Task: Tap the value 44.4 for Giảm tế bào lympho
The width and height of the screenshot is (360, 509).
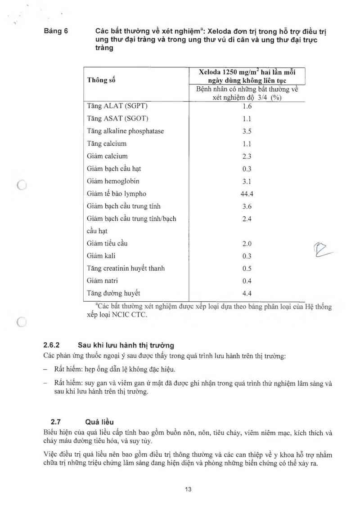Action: tap(247, 194)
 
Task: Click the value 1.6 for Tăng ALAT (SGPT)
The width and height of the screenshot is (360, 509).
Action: tap(247, 107)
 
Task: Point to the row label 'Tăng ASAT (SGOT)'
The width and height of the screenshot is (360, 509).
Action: tap(117, 119)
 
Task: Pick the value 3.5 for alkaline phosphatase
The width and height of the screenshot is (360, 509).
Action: tap(247, 131)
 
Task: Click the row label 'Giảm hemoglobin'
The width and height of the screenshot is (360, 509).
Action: tap(113, 181)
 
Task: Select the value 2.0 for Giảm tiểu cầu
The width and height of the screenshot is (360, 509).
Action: tap(247, 244)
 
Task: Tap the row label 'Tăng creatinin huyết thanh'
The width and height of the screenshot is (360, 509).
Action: tap(126, 268)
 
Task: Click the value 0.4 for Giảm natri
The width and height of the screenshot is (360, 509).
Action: tap(247, 281)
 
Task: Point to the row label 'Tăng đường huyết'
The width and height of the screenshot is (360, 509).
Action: tap(113, 294)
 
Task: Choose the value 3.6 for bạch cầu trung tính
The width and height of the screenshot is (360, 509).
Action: tap(247, 206)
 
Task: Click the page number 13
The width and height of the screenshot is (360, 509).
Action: tap(188, 489)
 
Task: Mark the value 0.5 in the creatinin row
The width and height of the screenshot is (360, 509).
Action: tap(247, 268)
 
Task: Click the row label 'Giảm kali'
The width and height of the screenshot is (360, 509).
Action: tap(103, 256)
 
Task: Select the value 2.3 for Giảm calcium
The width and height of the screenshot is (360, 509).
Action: tap(247, 156)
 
